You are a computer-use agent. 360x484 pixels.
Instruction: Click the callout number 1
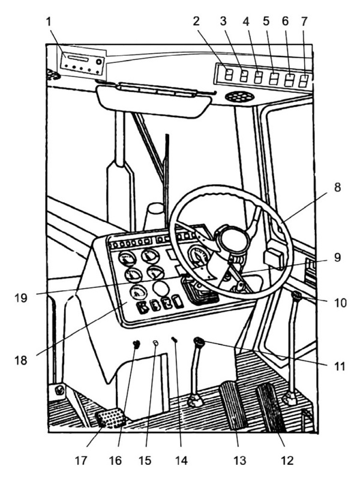click(x=49, y=23)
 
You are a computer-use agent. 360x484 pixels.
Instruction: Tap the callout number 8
click(x=337, y=187)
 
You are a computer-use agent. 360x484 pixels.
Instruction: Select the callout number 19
click(x=20, y=298)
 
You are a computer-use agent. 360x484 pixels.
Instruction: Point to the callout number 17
click(x=80, y=461)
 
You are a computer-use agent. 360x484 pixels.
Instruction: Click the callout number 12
click(x=287, y=461)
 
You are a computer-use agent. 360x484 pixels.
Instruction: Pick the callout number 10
click(x=340, y=303)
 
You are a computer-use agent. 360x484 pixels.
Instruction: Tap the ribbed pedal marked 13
click(x=234, y=406)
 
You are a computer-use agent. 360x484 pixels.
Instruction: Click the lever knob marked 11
click(x=199, y=341)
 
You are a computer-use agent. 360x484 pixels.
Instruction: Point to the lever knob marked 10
click(x=297, y=296)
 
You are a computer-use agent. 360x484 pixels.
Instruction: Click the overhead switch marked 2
click(x=228, y=75)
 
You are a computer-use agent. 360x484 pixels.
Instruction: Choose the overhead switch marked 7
click(x=304, y=80)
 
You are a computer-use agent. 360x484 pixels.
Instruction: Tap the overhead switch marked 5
click(x=274, y=79)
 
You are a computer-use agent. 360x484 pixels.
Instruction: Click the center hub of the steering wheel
click(x=234, y=239)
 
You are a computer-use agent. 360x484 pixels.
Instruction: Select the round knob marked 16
click(x=136, y=344)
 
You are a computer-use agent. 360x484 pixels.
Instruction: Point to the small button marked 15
click(x=156, y=342)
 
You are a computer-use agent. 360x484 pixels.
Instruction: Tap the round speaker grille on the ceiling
click(x=239, y=97)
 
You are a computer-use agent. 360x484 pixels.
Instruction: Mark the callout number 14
click(x=181, y=461)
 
